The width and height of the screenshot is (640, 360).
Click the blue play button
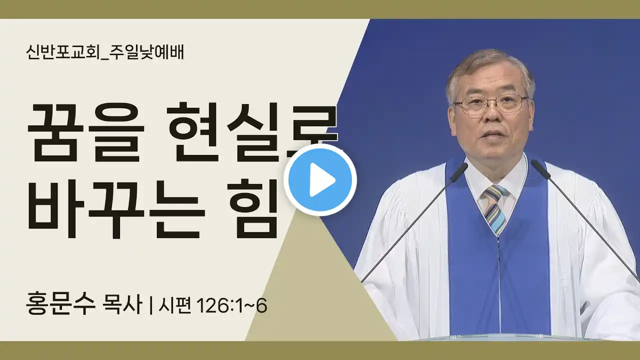tap(320, 180)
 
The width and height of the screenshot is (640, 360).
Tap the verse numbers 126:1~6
tap(231, 306)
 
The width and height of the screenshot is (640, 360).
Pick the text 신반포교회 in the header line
tap(63, 52)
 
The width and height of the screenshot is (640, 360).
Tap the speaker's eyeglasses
tap(490, 103)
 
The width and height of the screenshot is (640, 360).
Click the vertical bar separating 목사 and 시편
tap(151, 306)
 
